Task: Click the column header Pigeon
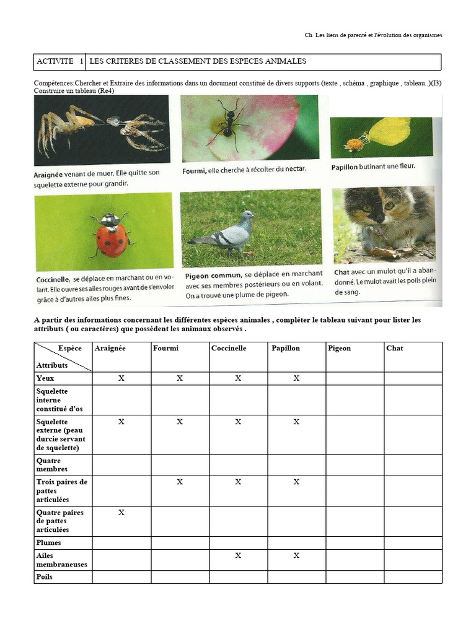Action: pos(339,349)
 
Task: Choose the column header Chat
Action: pos(394,349)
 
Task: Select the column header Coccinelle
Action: pos(229,349)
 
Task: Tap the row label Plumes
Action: pos(48,543)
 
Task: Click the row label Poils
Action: pos(45,577)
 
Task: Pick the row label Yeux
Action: pos(45,378)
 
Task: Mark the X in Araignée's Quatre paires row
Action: pos(121,513)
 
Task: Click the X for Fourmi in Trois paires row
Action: pos(180,482)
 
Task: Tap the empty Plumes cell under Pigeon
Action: pos(355,543)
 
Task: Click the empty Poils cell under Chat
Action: pos(413,577)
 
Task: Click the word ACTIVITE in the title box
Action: pos(55,62)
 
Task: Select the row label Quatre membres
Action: pos(52,465)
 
